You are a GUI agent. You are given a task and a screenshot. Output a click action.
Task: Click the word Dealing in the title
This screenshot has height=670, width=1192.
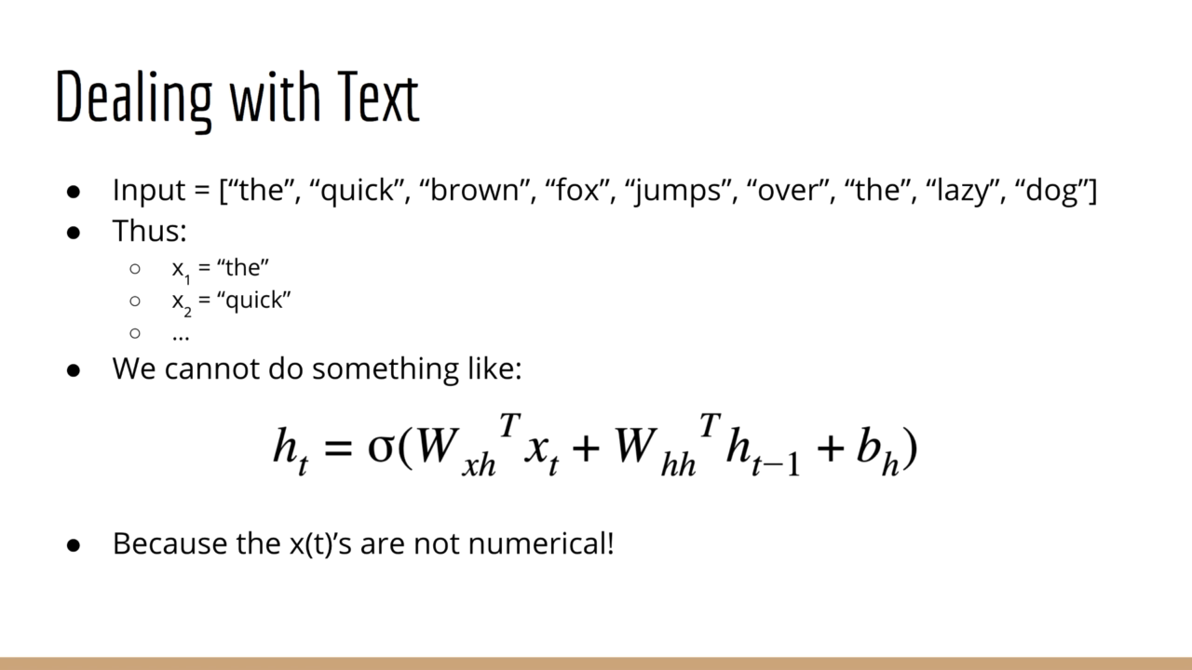[x=133, y=100]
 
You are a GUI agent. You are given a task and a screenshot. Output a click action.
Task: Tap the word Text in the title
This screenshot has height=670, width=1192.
[x=378, y=96]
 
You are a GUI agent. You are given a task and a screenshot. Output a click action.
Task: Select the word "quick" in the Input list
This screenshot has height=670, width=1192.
[x=357, y=192]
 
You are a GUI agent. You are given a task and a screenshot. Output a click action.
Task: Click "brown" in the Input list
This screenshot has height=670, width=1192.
[x=475, y=190]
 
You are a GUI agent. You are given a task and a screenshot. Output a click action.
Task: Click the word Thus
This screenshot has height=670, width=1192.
[x=150, y=231]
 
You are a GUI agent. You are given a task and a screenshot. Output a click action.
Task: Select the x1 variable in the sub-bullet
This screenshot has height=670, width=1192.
[x=181, y=270]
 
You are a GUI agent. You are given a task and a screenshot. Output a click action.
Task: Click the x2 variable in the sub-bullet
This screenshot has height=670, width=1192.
[x=182, y=302]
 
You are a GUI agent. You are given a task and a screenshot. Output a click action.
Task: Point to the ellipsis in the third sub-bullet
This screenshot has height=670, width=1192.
[x=181, y=337]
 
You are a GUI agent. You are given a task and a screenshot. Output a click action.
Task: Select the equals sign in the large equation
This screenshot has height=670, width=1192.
[x=338, y=447]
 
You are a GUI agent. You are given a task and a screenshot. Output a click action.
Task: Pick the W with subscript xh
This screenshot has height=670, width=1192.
[x=456, y=449]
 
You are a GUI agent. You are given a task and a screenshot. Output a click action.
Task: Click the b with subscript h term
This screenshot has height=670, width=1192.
[x=877, y=449]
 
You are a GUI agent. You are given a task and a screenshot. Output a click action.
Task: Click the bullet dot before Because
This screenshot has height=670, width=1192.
[x=74, y=545]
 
